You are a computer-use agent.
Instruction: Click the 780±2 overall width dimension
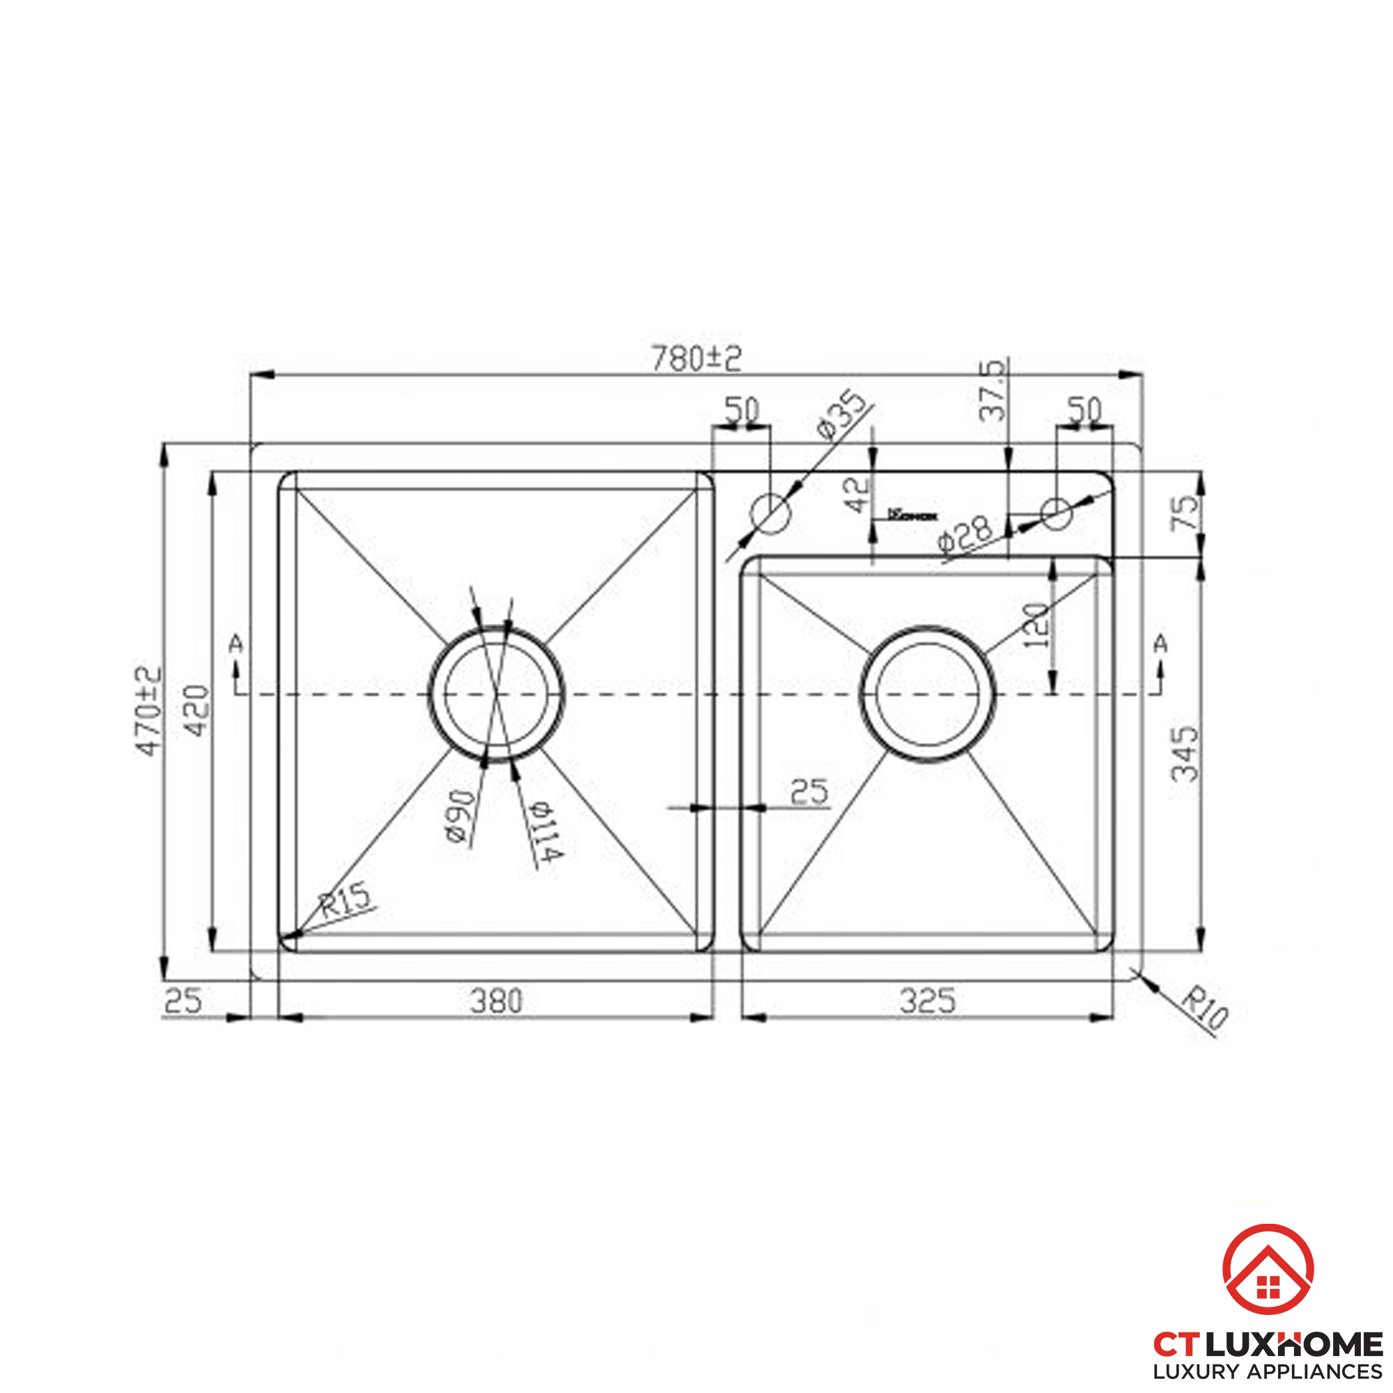[696, 358]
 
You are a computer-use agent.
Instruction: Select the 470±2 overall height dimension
[149, 711]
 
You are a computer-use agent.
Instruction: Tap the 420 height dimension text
[197, 711]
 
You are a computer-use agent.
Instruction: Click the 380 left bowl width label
[495, 1002]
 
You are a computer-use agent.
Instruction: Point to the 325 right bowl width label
[927, 1002]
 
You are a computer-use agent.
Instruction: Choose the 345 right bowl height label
[1185, 754]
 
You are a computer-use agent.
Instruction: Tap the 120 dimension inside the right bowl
[1036, 625]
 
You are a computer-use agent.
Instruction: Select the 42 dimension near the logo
[858, 496]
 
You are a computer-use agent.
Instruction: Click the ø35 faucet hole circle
[771, 513]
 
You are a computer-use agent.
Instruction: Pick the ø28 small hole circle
[1057, 513]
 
